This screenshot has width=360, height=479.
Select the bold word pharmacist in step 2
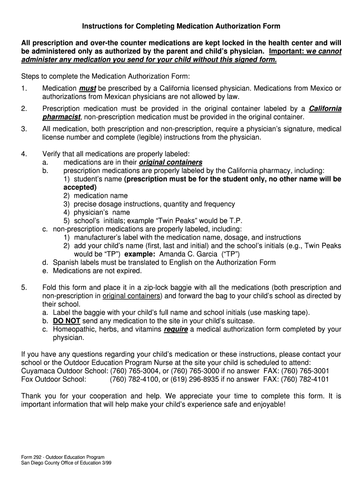61,117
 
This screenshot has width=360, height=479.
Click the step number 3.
24,129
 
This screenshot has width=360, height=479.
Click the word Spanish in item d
65,262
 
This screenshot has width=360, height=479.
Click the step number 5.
24,287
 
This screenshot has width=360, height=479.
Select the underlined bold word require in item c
176,329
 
